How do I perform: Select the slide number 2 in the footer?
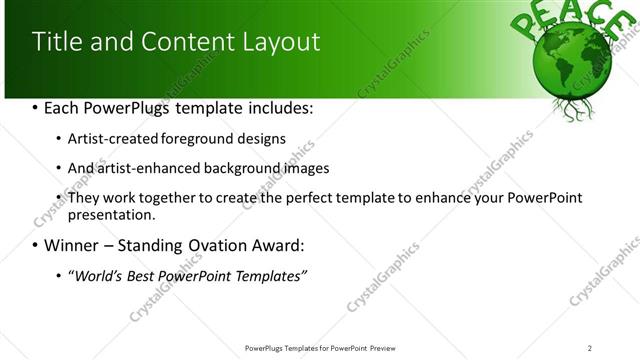[589, 348]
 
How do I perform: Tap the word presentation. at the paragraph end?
[111, 214]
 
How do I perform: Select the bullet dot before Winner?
[36, 245]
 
